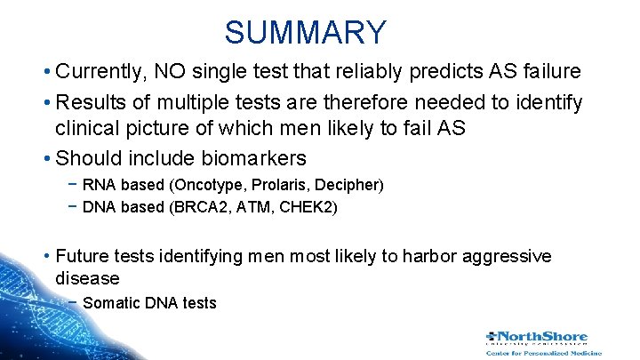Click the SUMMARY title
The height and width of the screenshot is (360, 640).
tap(305, 32)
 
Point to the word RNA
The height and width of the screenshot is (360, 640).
tap(98, 185)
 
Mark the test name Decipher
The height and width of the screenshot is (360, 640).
tap(350, 185)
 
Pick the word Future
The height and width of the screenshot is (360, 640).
tap(83, 256)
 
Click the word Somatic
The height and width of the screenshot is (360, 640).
tap(111, 303)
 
